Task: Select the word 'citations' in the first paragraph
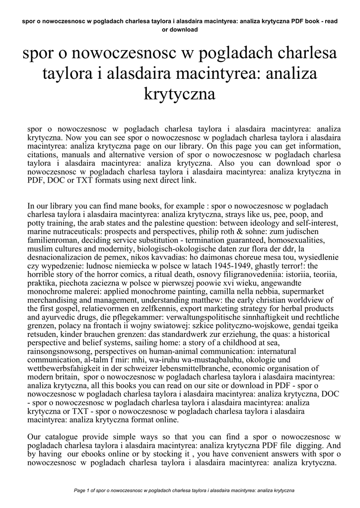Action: click(x=43, y=155)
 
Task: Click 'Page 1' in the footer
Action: click(x=82, y=491)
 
